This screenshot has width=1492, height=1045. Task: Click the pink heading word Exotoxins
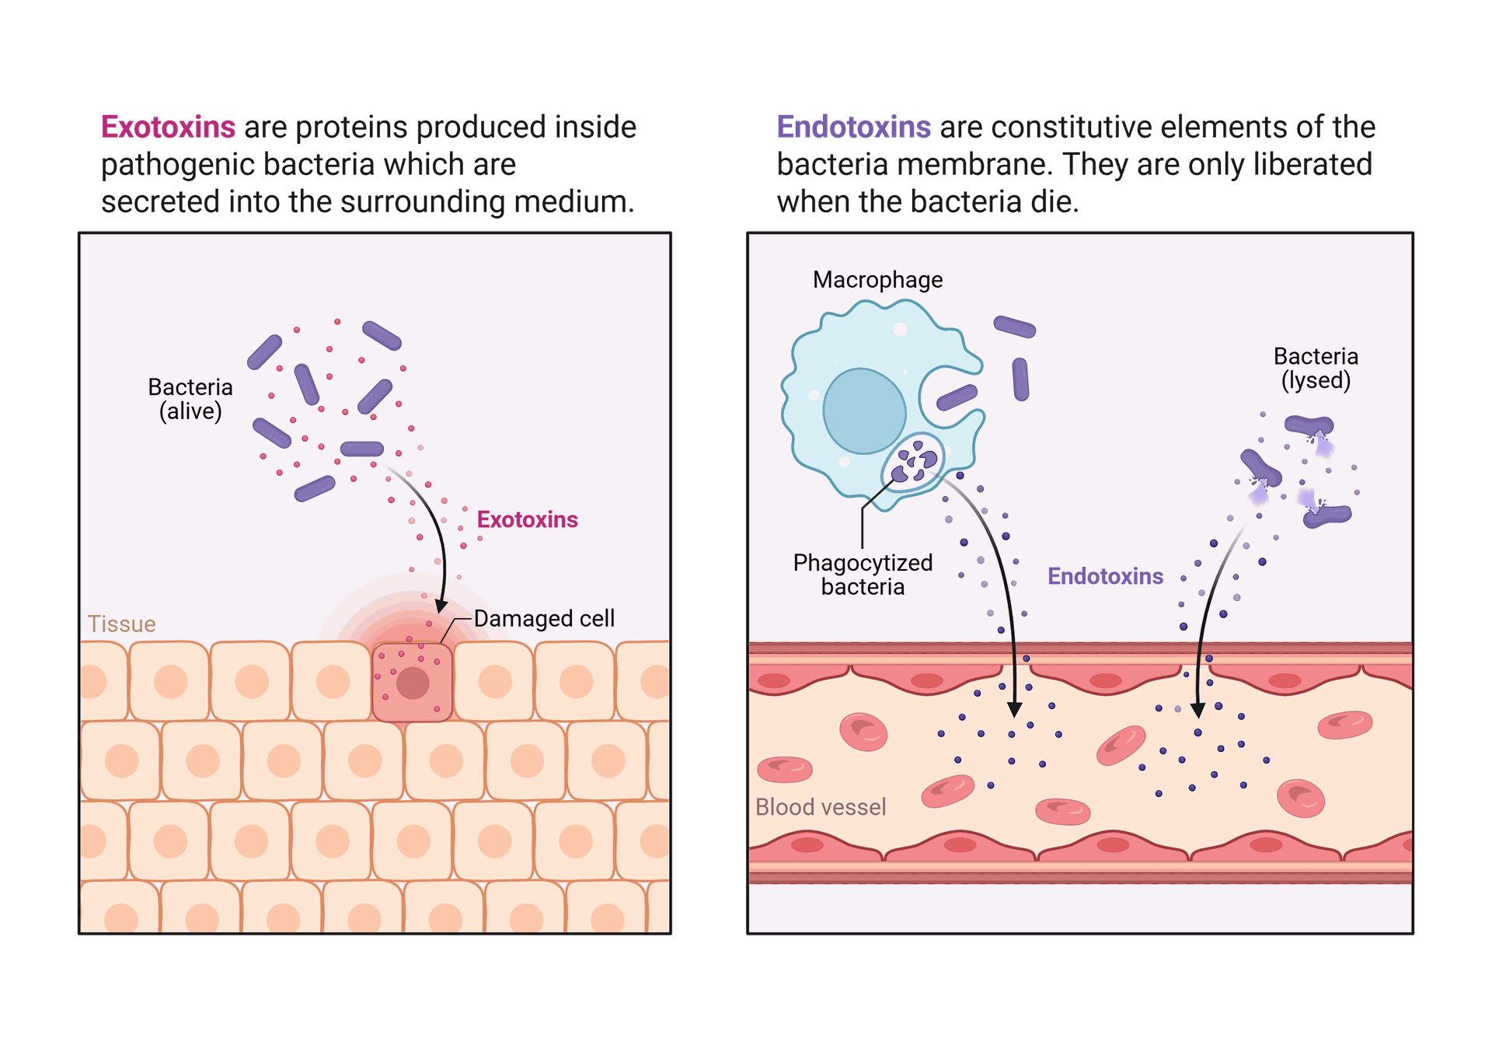click(169, 127)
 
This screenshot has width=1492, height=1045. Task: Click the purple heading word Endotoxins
click(854, 127)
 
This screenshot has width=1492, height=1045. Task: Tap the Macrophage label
click(877, 280)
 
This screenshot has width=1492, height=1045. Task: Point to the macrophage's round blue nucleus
click(864, 411)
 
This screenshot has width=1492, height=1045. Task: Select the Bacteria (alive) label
click(190, 399)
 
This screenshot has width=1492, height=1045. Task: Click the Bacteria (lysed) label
click(1316, 369)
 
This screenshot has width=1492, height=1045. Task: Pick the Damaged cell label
click(544, 619)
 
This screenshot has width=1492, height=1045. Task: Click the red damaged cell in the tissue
click(413, 682)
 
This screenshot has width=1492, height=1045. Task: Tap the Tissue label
click(122, 624)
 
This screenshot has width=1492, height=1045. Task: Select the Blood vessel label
click(821, 807)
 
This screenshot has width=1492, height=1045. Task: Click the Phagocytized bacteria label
click(863, 575)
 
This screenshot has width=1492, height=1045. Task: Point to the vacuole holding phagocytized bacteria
click(913, 460)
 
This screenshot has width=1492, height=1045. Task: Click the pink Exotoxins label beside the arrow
click(527, 519)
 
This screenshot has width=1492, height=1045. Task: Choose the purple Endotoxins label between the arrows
click(1105, 576)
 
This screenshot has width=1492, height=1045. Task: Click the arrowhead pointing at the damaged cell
click(441, 606)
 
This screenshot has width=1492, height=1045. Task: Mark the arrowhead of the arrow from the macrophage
click(1014, 709)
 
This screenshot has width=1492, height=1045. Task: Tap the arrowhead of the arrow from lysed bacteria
click(1198, 709)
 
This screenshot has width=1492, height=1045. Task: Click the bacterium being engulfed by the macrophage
click(957, 397)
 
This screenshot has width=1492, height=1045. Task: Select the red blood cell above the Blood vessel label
click(785, 770)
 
